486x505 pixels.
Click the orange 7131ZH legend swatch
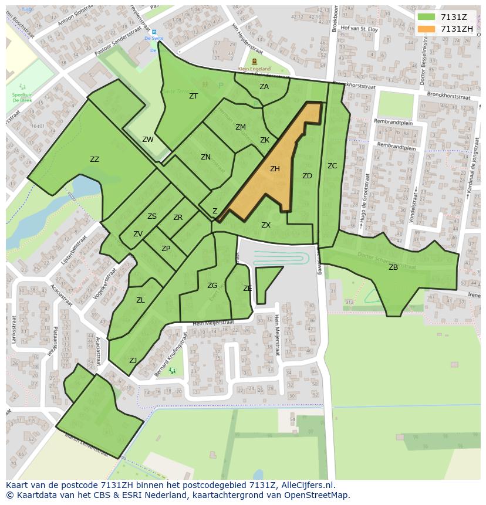(x=426, y=29)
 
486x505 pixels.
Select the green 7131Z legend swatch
(x=426, y=17)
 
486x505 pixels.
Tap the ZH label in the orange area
(x=275, y=169)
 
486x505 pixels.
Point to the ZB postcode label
(x=393, y=267)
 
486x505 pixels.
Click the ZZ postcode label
(x=95, y=160)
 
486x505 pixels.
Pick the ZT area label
(x=194, y=96)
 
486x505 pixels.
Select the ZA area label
(x=264, y=87)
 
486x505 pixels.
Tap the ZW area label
(x=148, y=140)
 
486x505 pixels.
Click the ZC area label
(x=332, y=166)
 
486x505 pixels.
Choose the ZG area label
(x=212, y=286)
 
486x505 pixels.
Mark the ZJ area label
(x=133, y=361)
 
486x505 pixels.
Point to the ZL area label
(x=140, y=300)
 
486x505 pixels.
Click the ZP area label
(x=166, y=249)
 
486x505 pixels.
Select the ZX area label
(x=266, y=225)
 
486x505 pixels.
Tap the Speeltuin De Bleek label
(x=22, y=97)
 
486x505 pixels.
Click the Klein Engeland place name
(x=254, y=69)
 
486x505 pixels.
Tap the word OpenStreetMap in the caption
(x=311, y=495)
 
